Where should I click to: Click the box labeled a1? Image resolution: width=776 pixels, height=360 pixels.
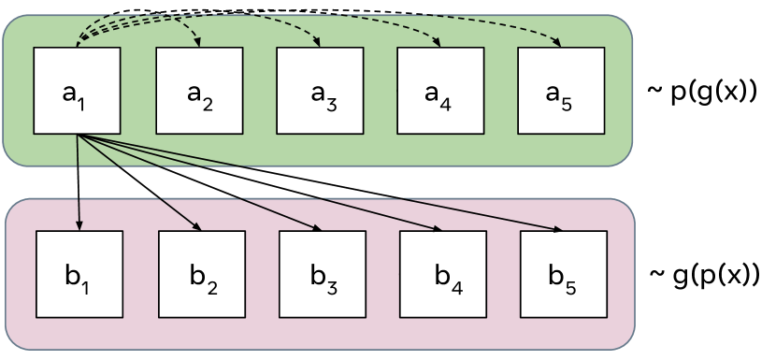pyautogui.click(x=77, y=91)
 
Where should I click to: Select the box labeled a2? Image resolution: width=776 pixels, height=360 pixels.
pyautogui.click(x=199, y=91)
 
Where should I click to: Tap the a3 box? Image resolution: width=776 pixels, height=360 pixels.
pyautogui.click(x=320, y=91)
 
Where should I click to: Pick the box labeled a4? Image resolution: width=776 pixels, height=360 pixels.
pyautogui.click(x=440, y=91)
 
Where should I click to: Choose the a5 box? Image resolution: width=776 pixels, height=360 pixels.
pyautogui.click(x=561, y=91)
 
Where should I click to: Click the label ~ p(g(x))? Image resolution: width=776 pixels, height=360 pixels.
pyautogui.click(x=701, y=93)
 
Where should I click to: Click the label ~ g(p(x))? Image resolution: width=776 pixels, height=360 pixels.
pyautogui.click(x=703, y=278)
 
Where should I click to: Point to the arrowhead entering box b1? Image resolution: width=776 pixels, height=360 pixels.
pyautogui.click(x=79, y=225)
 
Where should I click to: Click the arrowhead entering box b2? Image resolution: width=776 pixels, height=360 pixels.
pyautogui.click(x=197, y=227)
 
